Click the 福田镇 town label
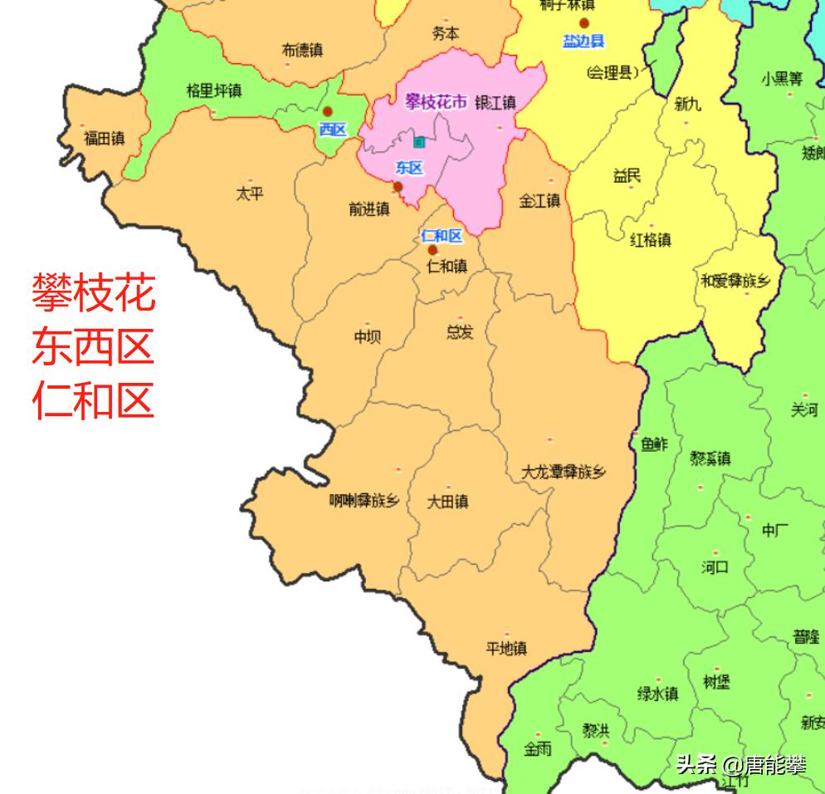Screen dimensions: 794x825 tap(104, 139)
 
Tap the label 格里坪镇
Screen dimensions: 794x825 tap(213, 91)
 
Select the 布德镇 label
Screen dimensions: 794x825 tap(302, 51)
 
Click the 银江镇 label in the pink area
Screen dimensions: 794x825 tap(495, 103)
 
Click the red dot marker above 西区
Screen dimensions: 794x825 tap(328, 111)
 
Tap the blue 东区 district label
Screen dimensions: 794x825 tap(409, 169)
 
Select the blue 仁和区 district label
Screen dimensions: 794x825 tap(442, 236)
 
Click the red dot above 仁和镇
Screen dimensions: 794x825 tap(432, 250)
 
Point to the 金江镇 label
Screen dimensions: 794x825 tap(539, 201)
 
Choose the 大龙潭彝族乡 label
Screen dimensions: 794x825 tap(564, 473)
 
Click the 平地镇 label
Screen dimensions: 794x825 tap(506, 649)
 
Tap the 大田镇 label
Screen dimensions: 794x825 tap(447, 502)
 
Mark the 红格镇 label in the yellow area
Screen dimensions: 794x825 tap(651, 240)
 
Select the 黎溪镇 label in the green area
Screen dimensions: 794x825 tap(710, 458)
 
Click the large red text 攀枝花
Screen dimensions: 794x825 tap(94, 293)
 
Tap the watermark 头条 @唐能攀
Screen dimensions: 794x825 tap(741, 764)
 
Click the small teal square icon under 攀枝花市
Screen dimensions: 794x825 tap(420, 142)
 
